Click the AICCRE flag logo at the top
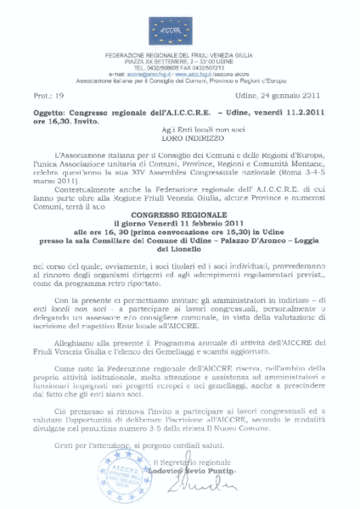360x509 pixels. point(180,29)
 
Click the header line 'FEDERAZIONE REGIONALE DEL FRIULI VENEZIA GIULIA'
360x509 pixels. point(180,53)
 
